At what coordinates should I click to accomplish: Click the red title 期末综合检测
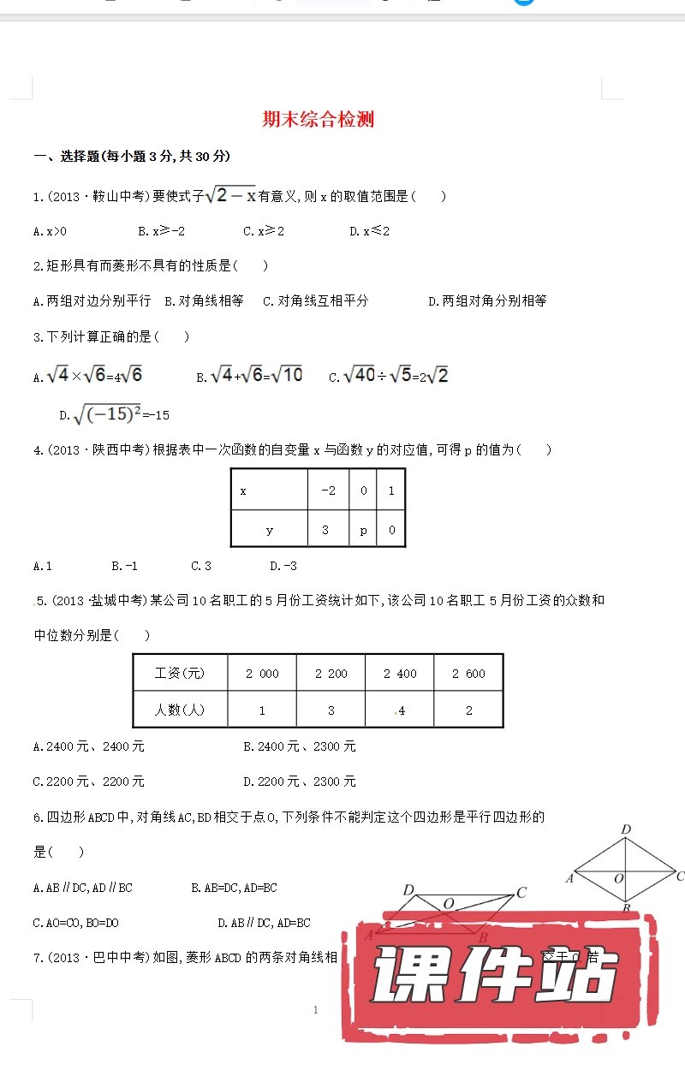(318, 120)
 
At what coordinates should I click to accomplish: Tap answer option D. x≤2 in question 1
(370, 231)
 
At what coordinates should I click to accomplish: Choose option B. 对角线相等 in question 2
(205, 300)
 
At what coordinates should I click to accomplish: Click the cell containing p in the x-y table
(363, 530)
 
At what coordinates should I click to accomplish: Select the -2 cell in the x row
(328, 490)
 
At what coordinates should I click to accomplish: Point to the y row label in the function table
(269, 530)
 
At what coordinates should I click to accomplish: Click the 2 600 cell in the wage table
(468, 674)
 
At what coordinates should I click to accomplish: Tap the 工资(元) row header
(180, 674)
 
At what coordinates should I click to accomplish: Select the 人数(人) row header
(180, 710)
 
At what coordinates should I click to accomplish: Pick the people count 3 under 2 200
(331, 710)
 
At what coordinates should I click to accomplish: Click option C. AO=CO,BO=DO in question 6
(75, 923)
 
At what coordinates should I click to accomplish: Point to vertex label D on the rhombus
(626, 829)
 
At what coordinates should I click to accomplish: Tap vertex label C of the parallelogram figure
(521, 894)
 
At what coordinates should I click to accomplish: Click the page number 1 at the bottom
(316, 1010)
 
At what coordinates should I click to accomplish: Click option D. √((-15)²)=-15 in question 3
(114, 415)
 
